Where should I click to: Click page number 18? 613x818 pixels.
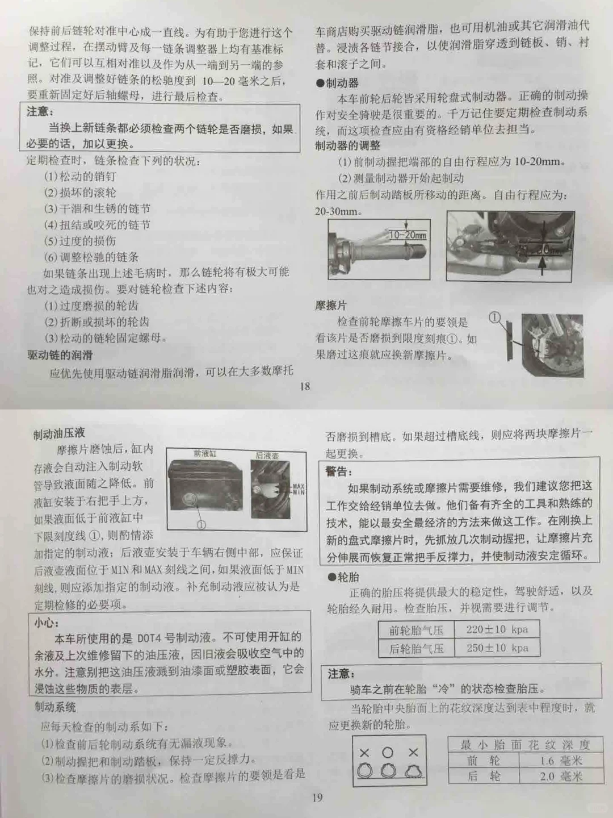(x=305, y=387)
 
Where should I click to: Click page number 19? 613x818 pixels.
(x=317, y=798)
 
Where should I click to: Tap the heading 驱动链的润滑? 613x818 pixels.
(x=60, y=356)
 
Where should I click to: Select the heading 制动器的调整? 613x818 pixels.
(x=348, y=145)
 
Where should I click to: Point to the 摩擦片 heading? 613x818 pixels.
(x=331, y=306)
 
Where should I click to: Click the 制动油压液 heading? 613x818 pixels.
(x=59, y=435)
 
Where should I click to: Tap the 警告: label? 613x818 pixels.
(x=339, y=472)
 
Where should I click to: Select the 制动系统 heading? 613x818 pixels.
(x=55, y=707)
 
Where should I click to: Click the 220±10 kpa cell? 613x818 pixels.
(x=497, y=629)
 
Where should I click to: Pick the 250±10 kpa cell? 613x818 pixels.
(x=497, y=648)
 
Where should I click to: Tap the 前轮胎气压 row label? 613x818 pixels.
(x=416, y=630)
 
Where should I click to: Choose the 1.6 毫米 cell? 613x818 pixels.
(x=561, y=761)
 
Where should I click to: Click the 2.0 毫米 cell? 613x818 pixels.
(x=561, y=777)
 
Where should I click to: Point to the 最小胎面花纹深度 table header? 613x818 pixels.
(x=525, y=745)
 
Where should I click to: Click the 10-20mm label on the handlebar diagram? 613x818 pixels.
(x=408, y=235)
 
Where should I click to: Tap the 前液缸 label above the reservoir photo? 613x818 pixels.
(x=205, y=453)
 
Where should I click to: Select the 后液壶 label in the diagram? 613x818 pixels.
(x=267, y=455)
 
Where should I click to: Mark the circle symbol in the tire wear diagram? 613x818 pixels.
(x=388, y=753)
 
